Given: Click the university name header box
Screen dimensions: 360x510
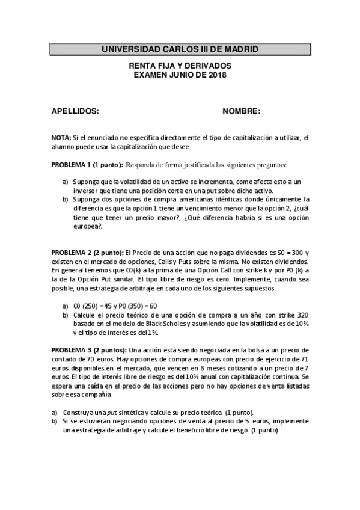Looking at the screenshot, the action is [x=180, y=49].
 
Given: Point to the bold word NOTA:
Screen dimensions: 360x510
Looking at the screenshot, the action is [x=61, y=138].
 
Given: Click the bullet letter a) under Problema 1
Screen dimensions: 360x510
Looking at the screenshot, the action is [x=66, y=181].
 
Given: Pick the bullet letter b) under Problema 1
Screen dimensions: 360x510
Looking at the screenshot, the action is [x=66, y=199].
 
